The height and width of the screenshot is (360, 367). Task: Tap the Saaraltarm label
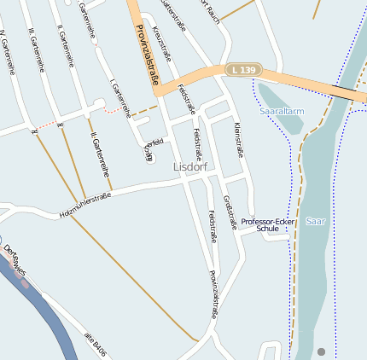click(x=281, y=111)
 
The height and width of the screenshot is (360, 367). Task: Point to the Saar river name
click(x=315, y=220)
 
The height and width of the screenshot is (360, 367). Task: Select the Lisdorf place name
click(x=190, y=167)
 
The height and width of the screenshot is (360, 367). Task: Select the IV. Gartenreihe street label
click(x=10, y=52)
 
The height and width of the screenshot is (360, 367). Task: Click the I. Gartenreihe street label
click(x=119, y=97)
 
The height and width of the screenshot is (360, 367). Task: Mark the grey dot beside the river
click(x=321, y=351)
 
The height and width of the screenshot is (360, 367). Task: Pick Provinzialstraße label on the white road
click(x=214, y=294)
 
